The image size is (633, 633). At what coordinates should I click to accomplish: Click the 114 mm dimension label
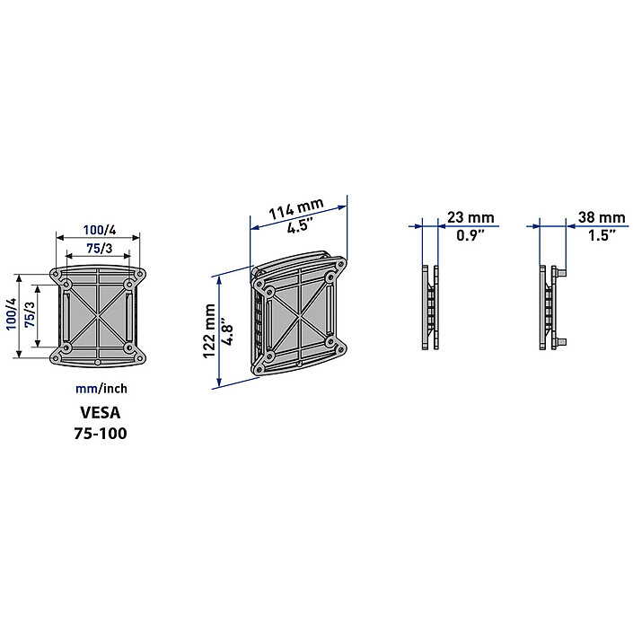coord(296,208)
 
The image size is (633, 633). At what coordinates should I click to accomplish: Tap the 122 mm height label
coord(209,331)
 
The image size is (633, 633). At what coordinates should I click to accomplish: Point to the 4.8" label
coord(227,334)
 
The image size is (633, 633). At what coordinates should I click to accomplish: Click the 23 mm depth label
coord(470,217)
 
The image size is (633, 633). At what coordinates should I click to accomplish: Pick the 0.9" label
coord(470,235)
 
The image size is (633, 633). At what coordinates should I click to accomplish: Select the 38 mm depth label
coord(602,217)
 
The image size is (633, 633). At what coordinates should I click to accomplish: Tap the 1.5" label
coord(602,235)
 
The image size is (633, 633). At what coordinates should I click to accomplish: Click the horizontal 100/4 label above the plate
coord(100,230)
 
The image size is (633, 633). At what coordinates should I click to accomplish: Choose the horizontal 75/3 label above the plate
coord(100,249)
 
